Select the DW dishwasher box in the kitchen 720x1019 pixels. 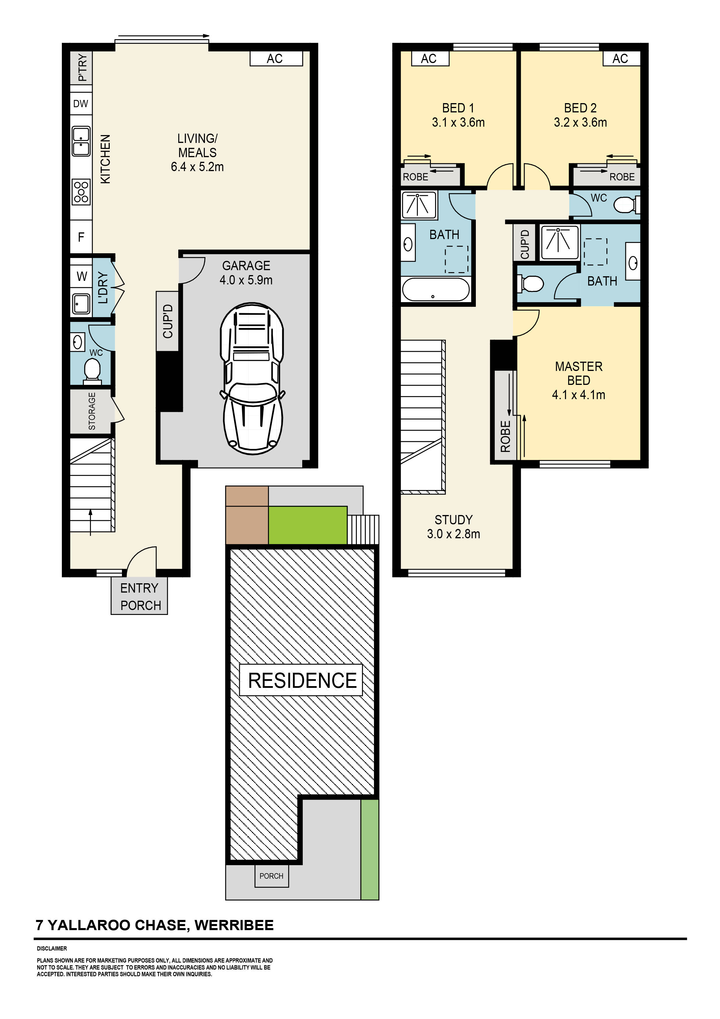click(81, 104)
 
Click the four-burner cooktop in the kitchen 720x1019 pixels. click(81, 192)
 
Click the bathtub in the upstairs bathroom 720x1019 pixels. click(436, 289)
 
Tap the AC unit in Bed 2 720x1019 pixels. click(621, 59)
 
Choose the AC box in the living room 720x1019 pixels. click(276, 59)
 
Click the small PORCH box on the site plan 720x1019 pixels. click(271, 876)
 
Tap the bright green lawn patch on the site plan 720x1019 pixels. click(307, 525)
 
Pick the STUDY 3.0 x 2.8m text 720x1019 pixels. click(453, 527)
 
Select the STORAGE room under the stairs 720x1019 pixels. click(92, 411)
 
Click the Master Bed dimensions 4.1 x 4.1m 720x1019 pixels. click(579, 395)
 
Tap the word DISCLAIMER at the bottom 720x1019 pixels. click(52, 948)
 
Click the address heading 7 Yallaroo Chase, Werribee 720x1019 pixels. click(155, 925)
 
